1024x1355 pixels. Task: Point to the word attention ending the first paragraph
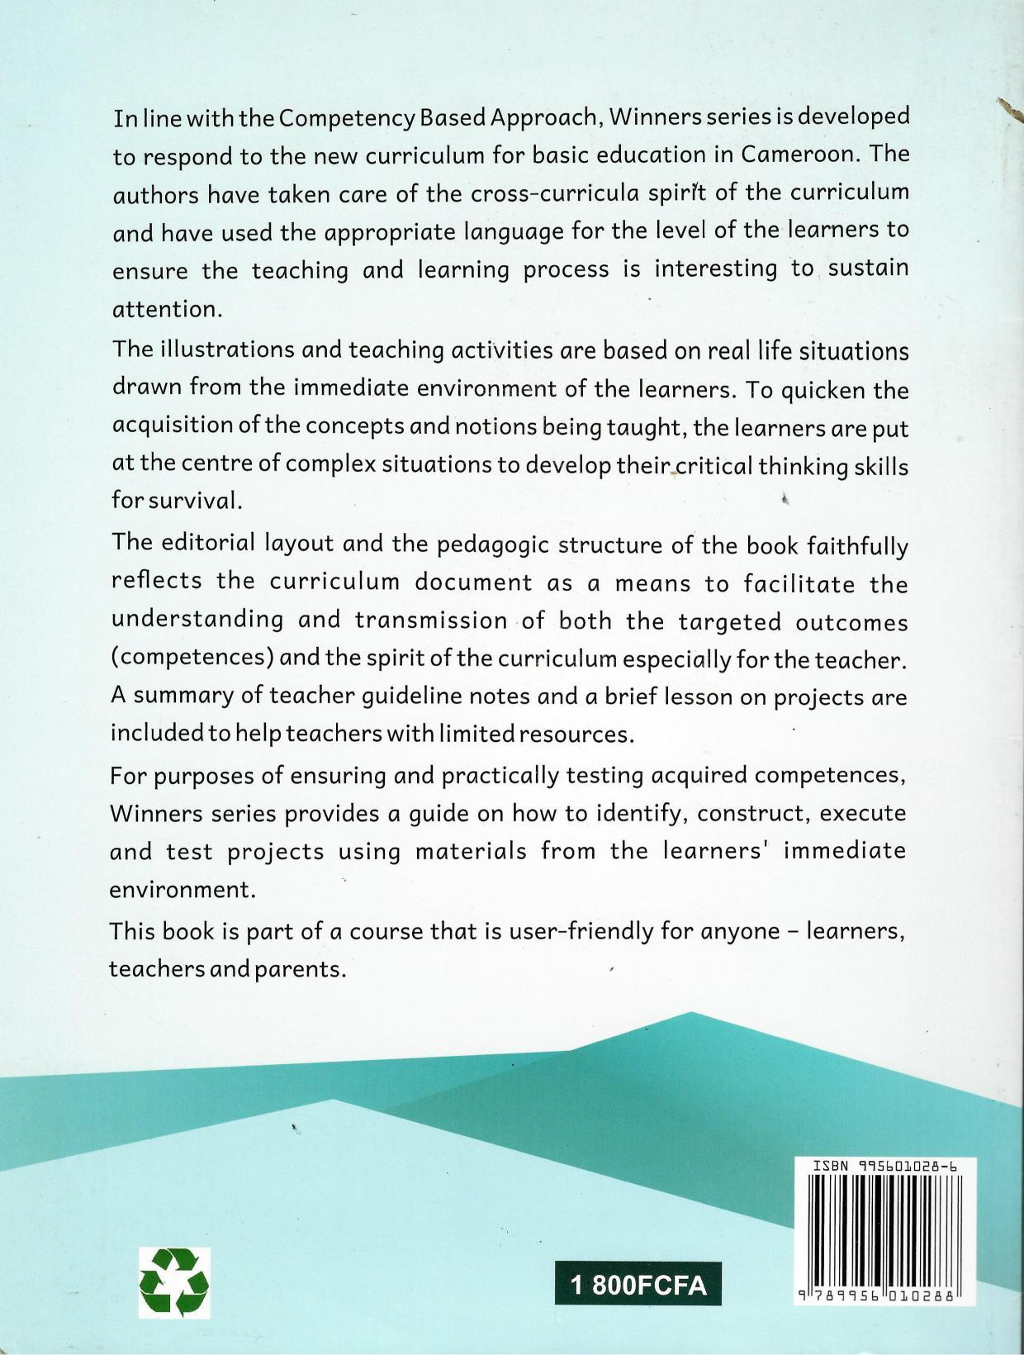(x=167, y=309)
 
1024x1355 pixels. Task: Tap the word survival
(x=181, y=501)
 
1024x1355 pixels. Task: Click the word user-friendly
(x=581, y=931)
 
